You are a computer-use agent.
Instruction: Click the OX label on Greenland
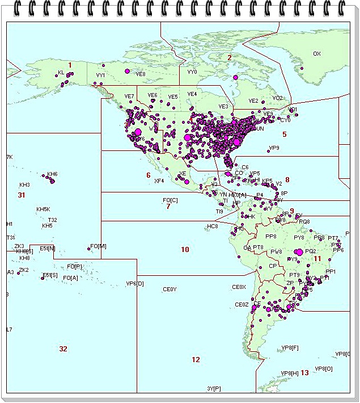coord(317,54)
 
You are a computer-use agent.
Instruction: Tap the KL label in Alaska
coord(61,73)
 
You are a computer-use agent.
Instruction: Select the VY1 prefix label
coord(100,75)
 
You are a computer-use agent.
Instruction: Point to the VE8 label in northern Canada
coord(141,74)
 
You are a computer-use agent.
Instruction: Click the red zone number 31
coord(22,195)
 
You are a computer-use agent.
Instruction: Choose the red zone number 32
coord(63,349)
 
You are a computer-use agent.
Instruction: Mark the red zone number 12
coord(196,359)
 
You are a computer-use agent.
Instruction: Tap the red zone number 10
coord(185,249)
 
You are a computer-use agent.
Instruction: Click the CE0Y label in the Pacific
coord(170,289)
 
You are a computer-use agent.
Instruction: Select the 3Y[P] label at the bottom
coord(214,388)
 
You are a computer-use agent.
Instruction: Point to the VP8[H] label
coord(289,373)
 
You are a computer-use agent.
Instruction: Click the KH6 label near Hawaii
coord(52,174)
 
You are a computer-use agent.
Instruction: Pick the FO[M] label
coord(98,246)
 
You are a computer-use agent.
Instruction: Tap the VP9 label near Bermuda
coord(274,148)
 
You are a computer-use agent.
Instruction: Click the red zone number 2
coord(230,57)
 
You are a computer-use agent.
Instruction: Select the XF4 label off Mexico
coord(159,181)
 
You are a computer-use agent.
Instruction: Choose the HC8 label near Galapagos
coord(213,226)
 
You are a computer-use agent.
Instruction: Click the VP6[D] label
coord(135,283)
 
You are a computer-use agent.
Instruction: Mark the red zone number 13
coord(304,372)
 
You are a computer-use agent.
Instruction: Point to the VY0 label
coord(192,72)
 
